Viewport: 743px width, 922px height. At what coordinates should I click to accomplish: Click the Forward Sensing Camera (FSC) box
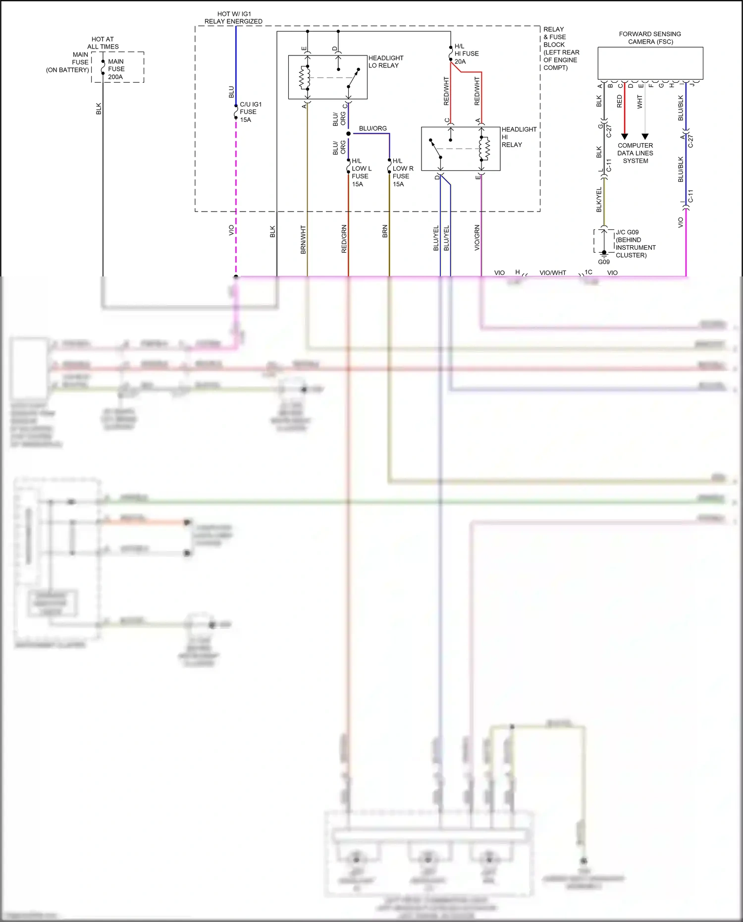pos(650,63)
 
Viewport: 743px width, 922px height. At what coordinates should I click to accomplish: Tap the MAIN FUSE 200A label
pos(116,69)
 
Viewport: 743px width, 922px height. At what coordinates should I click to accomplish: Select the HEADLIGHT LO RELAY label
pos(385,61)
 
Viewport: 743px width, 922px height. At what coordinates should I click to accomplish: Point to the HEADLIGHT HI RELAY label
pos(519,137)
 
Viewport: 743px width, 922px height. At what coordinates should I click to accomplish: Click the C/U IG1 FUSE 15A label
pos(250,112)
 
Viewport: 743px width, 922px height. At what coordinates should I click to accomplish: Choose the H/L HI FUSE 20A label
pos(466,54)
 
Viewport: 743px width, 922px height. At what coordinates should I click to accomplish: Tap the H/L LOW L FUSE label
pos(361,172)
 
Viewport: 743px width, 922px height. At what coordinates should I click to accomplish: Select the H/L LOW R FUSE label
pos(402,172)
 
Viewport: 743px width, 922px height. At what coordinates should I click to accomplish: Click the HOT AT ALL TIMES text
pos(103,43)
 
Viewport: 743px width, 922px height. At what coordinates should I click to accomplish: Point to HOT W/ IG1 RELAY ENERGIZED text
pos(233,18)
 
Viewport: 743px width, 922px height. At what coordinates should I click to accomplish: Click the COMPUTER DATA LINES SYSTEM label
pos(635,153)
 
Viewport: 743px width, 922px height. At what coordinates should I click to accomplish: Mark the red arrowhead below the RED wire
pos(625,136)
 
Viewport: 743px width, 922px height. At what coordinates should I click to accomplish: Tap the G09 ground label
pos(603,262)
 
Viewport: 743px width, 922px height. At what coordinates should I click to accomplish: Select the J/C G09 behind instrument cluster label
pos(635,243)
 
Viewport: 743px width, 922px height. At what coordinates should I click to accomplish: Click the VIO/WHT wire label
pos(552,273)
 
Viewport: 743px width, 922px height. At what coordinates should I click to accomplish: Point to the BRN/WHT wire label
pos(303,240)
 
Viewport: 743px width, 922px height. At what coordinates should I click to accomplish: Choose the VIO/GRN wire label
pos(477,238)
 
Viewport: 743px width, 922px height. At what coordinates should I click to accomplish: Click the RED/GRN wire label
pos(344,239)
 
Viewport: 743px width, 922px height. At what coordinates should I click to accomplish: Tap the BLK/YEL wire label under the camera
pos(599,200)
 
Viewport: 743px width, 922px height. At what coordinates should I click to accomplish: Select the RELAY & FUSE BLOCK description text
pos(561,48)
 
